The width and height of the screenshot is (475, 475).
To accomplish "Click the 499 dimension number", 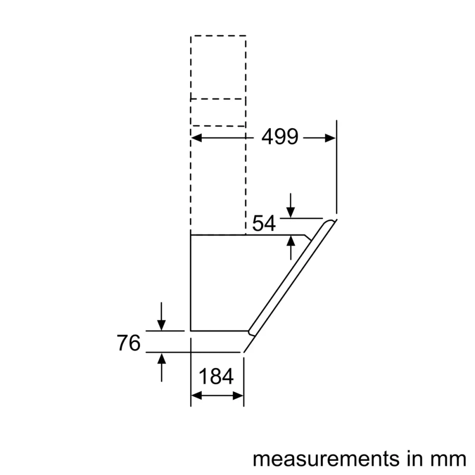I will [x=280, y=137].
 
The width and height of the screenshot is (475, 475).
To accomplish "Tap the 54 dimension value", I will [x=264, y=223].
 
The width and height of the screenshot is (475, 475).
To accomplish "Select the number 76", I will [x=129, y=342].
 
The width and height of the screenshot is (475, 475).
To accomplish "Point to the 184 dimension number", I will [x=217, y=377].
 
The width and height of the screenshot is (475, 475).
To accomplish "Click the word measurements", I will [x=325, y=459].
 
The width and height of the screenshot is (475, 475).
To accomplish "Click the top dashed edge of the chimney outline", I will [x=218, y=36].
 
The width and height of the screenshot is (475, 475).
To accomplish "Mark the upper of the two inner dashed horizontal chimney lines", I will [x=218, y=99].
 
